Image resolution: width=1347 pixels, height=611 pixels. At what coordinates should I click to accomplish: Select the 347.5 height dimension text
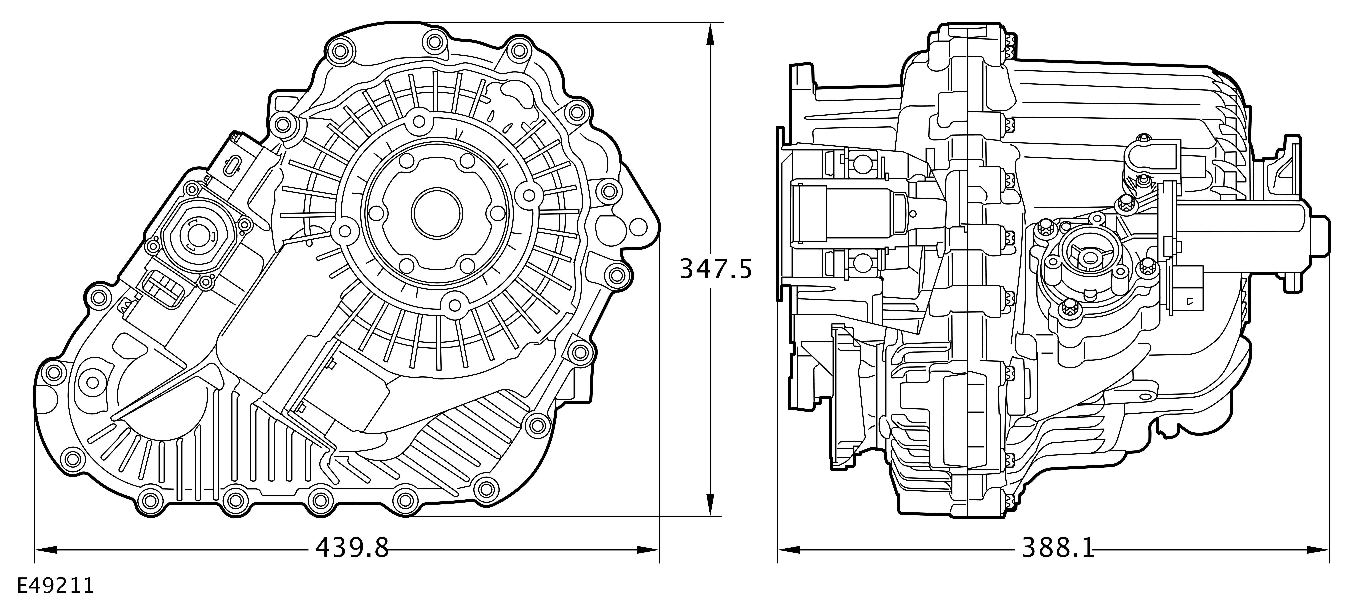[x=715, y=270]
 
